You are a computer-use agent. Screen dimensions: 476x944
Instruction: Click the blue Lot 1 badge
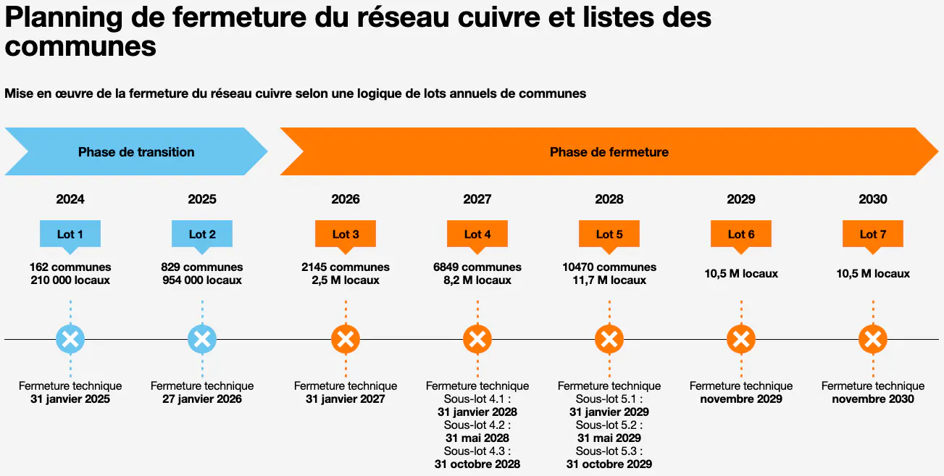[x=70, y=234]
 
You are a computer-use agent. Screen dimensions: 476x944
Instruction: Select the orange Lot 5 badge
[x=609, y=234]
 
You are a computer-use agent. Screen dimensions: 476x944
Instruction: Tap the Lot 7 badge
[x=873, y=234]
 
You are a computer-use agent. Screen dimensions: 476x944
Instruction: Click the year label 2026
[x=346, y=199]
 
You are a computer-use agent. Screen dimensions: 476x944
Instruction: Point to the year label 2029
[x=741, y=199]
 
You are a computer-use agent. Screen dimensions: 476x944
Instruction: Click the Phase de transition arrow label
[x=136, y=152]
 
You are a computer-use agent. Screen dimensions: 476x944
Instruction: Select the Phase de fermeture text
[x=609, y=152]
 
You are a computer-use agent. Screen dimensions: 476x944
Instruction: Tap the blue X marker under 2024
[x=70, y=338]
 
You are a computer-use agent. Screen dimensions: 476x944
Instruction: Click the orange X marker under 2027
[x=477, y=338]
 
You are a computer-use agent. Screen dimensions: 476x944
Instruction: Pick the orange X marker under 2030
[x=873, y=338]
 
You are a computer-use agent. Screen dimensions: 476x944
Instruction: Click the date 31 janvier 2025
[x=70, y=399]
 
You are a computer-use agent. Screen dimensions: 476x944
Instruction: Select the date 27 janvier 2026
[x=202, y=399]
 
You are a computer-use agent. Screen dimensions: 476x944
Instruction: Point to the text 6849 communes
[x=477, y=267]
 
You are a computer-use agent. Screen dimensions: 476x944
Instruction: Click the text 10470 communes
[x=609, y=267]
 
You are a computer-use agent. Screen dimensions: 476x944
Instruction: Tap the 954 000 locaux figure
[x=202, y=280]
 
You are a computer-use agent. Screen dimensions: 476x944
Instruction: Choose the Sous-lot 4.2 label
[x=477, y=425]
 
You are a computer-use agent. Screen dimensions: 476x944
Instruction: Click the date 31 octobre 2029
[x=609, y=464]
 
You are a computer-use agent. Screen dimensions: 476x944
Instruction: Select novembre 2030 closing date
[x=873, y=399]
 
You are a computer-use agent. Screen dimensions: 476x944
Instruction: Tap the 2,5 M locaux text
[x=346, y=280]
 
